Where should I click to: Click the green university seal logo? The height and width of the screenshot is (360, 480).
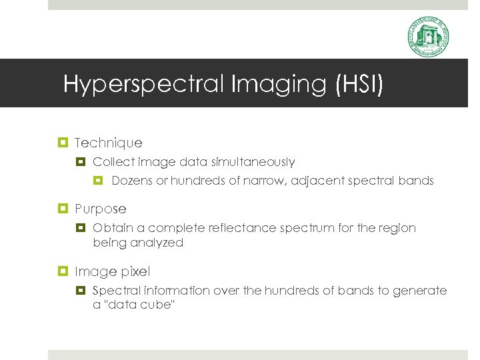point(428,37)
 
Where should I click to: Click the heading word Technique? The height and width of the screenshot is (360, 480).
point(109,143)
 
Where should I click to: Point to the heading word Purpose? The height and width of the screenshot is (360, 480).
point(100,209)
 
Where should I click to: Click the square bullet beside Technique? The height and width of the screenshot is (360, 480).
point(65,143)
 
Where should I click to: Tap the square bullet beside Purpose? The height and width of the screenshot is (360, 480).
point(65,209)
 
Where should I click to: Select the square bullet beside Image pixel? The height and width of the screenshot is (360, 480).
point(65,271)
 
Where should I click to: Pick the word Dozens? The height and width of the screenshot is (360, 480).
point(132,181)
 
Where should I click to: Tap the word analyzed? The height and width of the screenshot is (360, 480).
point(158,243)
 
